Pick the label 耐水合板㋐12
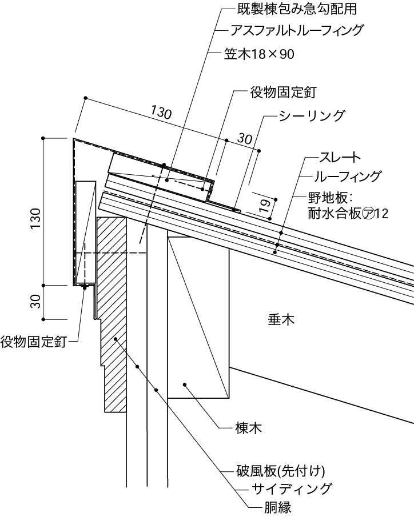click(349, 214)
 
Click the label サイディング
click(292, 488)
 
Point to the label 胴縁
click(264, 506)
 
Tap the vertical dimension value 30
click(35, 301)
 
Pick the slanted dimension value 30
click(244, 139)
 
